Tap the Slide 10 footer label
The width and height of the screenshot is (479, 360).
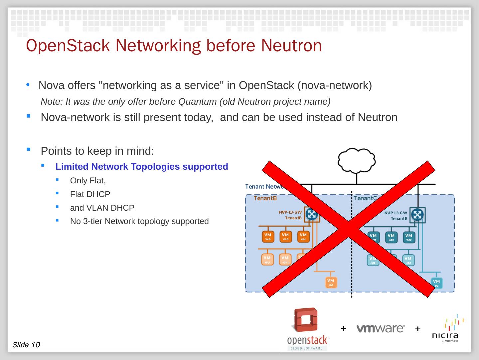point(26,345)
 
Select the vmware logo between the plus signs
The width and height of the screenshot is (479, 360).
point(381,328)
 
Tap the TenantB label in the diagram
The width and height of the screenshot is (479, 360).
point(265,198)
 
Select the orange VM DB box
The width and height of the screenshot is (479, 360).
point(331,282)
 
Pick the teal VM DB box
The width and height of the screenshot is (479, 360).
point(436,283)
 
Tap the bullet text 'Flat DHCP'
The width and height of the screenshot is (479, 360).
point(90,194)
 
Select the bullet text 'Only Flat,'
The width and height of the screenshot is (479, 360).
point(88,181)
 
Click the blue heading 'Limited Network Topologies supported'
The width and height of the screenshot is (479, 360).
point(142,167)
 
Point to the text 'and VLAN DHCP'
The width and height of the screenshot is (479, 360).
point(102,208)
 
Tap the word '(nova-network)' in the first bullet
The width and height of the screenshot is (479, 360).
point(334,86)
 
